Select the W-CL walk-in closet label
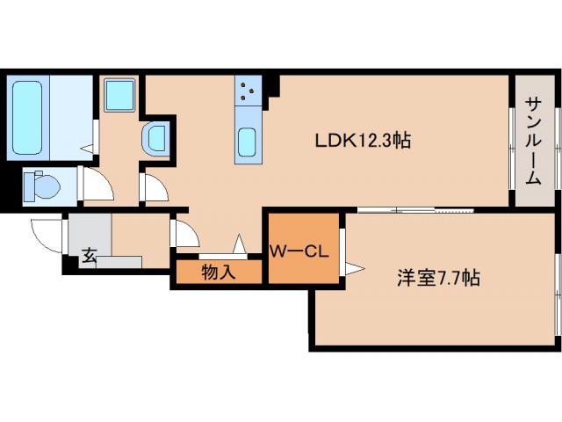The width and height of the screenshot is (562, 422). point(299,251)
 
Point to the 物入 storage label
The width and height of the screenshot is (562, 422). point(219,273)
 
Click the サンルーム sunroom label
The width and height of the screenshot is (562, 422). point(533,141)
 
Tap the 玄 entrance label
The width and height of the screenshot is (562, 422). point(89,256)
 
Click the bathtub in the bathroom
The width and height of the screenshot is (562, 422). point(28,117)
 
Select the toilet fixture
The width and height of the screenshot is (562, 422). point(40,186)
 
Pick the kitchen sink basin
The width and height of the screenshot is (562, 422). point(248,142)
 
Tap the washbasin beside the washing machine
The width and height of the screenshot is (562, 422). point(156,139)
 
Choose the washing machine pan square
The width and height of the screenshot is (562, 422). point(118,94)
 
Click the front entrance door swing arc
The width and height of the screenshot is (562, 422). point(46,234)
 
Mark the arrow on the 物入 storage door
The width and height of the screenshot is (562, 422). point(238,244)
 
